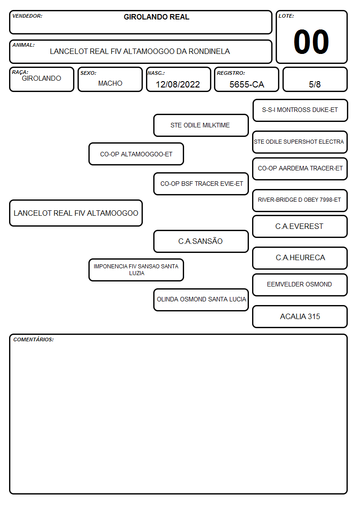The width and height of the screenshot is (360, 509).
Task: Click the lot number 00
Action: tap(311, 42)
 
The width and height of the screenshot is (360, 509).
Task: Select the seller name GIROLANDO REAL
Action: tap(156, 17)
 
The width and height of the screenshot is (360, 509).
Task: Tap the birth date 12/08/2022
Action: tap(178, 84)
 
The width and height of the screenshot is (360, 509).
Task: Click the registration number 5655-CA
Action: tap(247, 84)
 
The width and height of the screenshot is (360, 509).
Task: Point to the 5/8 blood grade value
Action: tap(315, 84)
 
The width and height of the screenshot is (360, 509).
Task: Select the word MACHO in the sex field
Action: tap(110, 83)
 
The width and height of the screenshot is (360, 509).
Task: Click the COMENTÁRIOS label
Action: tap(34, 339)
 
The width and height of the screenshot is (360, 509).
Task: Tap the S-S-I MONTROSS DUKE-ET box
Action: tap(300, 111)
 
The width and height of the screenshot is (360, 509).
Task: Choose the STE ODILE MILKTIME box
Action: tap(201, 125)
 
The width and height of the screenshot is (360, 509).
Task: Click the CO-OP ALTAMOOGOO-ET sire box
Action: tap(136, 154)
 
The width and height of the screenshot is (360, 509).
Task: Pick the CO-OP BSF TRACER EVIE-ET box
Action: tap(201, 184)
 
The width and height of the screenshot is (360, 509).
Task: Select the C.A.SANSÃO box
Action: tap(201, 241)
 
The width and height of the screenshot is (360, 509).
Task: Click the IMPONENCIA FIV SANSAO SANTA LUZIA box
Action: tap(136, 270)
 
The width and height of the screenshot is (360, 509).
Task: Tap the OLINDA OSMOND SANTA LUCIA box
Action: tap(201, 300)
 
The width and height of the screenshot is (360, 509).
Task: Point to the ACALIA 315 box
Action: tap(300, 316)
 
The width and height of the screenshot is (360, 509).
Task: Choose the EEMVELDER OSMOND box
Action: tap(300, 285)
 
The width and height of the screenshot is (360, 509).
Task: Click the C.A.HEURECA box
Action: tap(300, 258)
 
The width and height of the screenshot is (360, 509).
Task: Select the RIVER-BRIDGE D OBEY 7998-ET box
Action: tap(300, 200)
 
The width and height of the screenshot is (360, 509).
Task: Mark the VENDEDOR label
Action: tap(27, 16)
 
